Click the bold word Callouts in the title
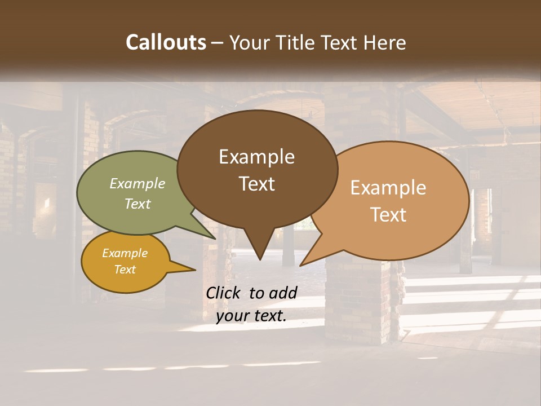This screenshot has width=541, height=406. (x=166, y=42)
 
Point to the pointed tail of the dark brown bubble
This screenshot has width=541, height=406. (x=259, y=251)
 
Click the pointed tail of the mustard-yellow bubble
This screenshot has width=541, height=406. (x=189, y=269)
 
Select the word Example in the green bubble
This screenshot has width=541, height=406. (x=138, y=183)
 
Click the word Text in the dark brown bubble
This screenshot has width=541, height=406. (x=257, y=184)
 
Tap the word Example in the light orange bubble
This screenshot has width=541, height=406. (x=388, y=188)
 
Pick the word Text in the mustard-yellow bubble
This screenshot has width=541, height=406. (x=125, y=270)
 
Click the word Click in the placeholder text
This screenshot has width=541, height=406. (x=224, y=293)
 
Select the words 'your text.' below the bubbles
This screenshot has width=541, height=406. (x=251, y=316)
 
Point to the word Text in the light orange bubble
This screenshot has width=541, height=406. (x=389, y=215)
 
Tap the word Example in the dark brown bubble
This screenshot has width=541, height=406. (x=257, y=157)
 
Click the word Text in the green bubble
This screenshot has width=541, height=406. (x=138, y=204)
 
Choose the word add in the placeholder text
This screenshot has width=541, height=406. (x=283, y=293)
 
